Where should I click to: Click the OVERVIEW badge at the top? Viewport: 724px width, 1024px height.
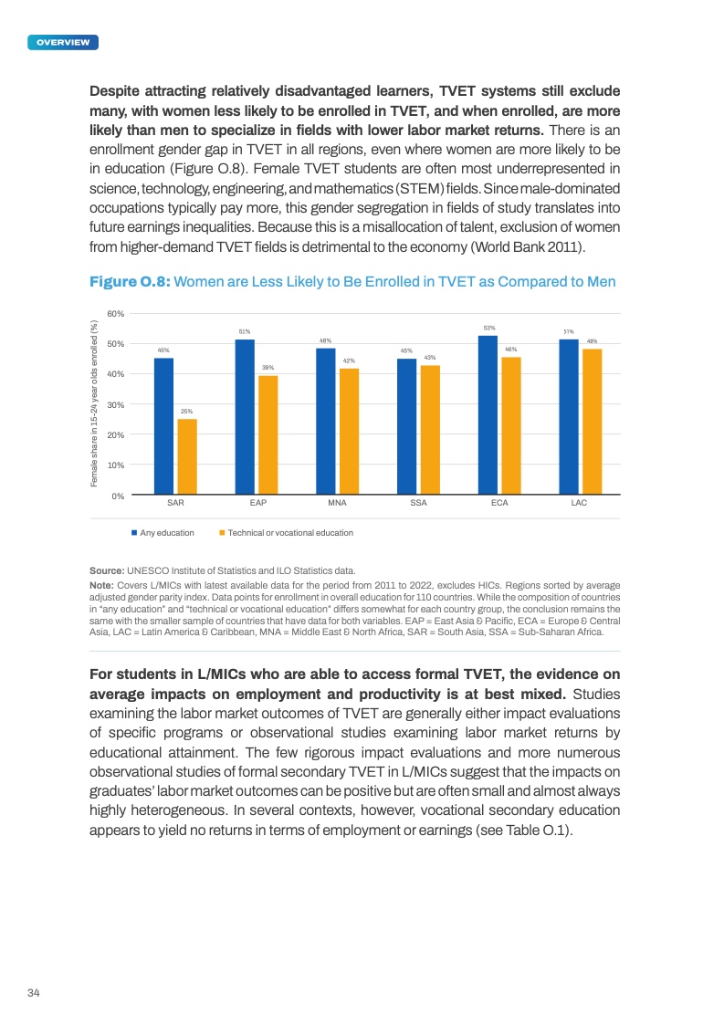click(63, 42)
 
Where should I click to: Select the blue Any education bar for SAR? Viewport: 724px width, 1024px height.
click(163, 426)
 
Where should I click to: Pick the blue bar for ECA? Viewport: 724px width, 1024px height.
click(488, 415)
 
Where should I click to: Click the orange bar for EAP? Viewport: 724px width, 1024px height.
click(268, 435)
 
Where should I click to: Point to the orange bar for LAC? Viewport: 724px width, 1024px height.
click(592, 422)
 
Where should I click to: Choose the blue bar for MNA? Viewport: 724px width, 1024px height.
click(326, 422)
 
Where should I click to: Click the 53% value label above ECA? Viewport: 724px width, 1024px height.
click(488, 328)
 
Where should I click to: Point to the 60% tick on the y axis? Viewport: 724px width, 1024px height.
click(116, 313)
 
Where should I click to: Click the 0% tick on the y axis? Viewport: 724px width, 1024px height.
click(119, 496)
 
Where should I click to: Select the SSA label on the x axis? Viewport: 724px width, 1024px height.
click(418, 503)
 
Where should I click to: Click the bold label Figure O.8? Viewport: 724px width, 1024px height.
click(128, 283)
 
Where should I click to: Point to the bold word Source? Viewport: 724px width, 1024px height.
click(106, 570)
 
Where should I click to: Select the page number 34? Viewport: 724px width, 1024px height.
click(34, 992)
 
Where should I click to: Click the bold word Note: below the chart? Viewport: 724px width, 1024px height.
click(100, 585)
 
